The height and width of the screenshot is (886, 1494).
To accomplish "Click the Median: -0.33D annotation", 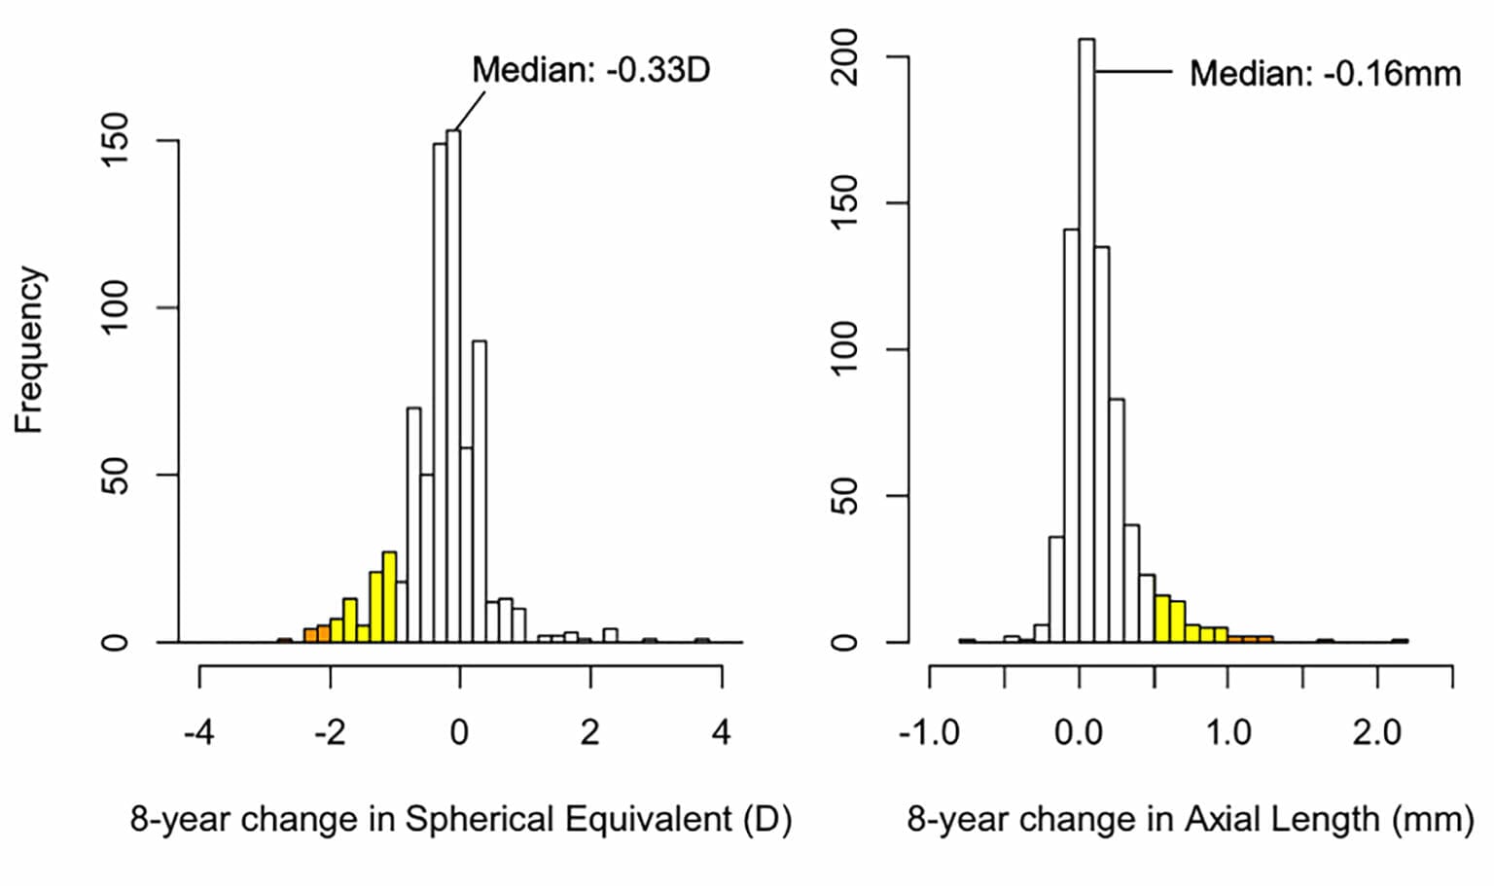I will [590, 70].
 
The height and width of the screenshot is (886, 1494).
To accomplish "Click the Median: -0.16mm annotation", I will [1324, 74].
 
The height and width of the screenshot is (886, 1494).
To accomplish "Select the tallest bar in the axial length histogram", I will [1086, 340].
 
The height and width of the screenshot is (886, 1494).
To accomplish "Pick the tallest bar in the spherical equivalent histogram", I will [453, 389].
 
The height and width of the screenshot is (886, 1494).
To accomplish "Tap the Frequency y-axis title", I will [29, 350].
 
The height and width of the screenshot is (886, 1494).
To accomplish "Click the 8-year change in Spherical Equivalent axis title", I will [461, 819].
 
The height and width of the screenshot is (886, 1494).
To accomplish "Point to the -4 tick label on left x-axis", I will [198, 732].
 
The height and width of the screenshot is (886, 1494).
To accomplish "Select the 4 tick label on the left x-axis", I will [721, 732].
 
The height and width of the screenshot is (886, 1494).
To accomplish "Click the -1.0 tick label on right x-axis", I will [929, 732].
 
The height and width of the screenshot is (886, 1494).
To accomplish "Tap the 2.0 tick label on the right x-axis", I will [1377, 732].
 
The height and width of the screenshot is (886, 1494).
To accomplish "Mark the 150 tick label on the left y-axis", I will [116, 140].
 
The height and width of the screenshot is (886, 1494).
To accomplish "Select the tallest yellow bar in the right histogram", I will [1161, 619].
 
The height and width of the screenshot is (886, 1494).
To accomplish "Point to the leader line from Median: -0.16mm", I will [1133, 71].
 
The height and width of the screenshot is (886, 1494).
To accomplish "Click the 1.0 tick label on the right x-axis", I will [1228, 732].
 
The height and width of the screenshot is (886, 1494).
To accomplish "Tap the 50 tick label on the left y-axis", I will [116, 476].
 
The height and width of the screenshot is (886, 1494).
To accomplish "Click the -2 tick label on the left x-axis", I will [329, 732].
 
